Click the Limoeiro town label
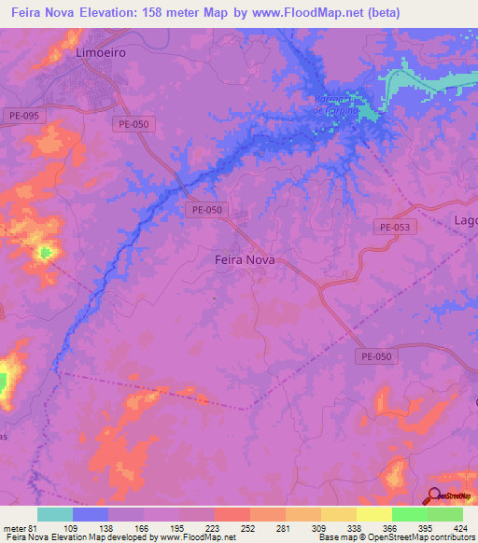[x=99, y=54]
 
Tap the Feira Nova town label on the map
[x=239, y=261]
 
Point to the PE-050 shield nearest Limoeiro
[x=134, y=123]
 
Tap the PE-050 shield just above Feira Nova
[x=206, y=210]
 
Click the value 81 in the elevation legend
[x=38, y=528]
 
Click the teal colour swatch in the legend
[x=55, y=514]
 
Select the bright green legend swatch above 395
[x=409, y=514]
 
